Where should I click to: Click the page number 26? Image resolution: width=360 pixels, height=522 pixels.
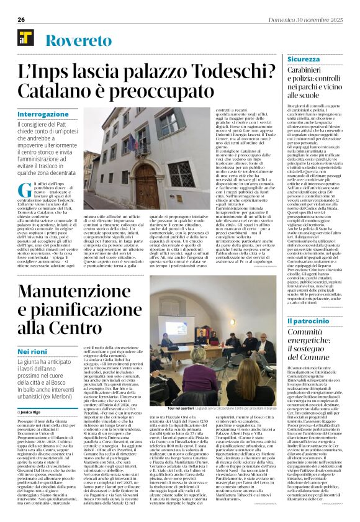coord(20,19)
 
